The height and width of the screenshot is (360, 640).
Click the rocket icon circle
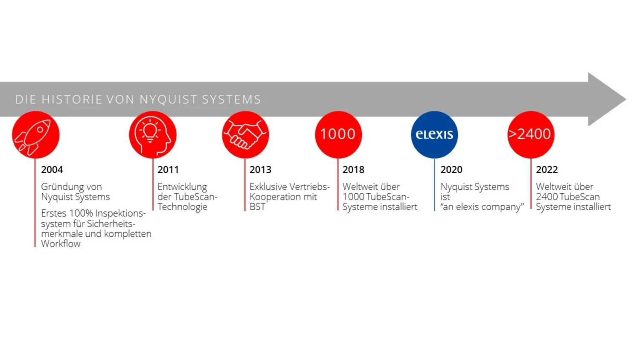click(36, 134)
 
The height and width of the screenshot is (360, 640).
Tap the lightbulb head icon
click(153, 134)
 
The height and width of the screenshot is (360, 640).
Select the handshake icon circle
click(245, 134)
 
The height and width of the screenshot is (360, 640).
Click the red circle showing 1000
click(338, 134)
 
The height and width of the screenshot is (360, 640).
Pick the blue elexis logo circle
click(434, 134)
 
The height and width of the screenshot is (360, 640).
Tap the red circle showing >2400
click(531, 134)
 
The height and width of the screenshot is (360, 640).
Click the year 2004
click(52, 170)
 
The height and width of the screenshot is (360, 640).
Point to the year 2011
click(168, 170)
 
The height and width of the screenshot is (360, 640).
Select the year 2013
click(260, 170)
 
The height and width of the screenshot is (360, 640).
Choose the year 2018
click(353, 170)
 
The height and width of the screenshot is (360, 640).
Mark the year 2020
click(451, 170)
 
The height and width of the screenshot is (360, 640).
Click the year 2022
click(547, 170)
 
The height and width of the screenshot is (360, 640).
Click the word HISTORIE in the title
click(72, 99)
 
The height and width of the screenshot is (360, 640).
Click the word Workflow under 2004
click(61, 244)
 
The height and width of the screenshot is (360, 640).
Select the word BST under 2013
click(257, 206)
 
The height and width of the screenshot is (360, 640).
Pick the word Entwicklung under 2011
click(182, 187)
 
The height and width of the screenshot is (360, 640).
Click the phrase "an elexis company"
click(482, 207)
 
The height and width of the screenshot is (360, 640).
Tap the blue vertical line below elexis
click(434, 185)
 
